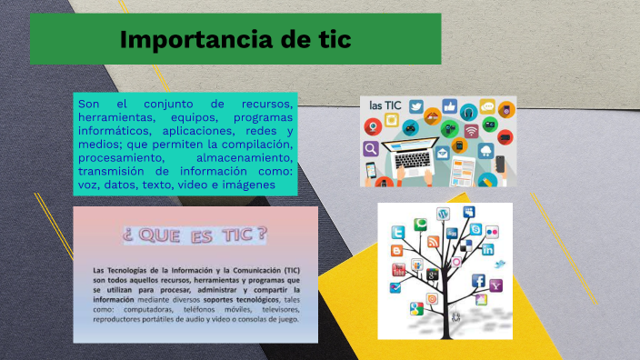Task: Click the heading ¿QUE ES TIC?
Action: pos(195,235)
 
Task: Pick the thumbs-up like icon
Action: pos(449,106)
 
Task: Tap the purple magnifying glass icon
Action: pos(371,148)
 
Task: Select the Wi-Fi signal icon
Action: pos(471,130)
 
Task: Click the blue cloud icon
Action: pos(487,149)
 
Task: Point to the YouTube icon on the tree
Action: pos(397,270)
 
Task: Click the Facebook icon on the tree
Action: pos(478,281)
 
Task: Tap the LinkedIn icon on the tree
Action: pos(488,248)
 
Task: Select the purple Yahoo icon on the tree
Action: pos(495,285)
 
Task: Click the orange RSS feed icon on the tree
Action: pos(434,241)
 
